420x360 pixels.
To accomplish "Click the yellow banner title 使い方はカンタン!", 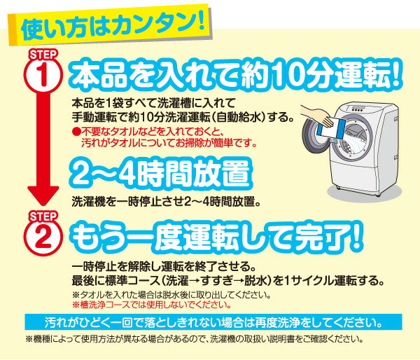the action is click(113, 26).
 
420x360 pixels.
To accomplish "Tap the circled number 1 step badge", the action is click(43, 76).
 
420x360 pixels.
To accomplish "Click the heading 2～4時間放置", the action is click(162, 174).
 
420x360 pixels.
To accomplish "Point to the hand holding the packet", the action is click(317, 115).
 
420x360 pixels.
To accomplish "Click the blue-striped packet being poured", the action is click(330, 129).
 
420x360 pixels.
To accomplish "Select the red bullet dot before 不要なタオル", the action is click(76, 132).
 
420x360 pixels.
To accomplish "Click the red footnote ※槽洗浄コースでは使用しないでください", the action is click(152, 305).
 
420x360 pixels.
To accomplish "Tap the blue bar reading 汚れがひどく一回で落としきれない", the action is click(213, 322).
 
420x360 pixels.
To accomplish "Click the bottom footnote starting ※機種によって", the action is click(195, 340).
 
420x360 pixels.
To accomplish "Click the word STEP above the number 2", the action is click(43, 216).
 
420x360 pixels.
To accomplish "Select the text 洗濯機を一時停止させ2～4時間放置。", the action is click(166, 202).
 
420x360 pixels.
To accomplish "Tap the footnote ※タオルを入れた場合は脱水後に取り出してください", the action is click(171, 295).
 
